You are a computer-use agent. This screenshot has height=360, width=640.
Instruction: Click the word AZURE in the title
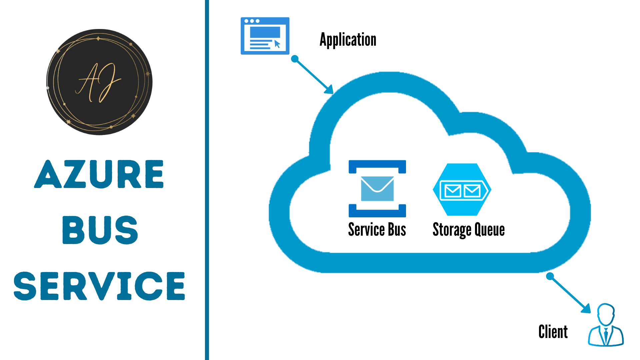pos(99,174)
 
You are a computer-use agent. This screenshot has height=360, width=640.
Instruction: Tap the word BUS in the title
pos(100,230)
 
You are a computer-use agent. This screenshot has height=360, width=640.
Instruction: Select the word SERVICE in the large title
pos(99,286)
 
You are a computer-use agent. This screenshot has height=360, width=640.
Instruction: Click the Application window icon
pos(265,36)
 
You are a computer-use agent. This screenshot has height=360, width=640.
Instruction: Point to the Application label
pos(348,40)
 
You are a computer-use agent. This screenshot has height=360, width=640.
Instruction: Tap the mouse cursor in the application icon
pos(277,44)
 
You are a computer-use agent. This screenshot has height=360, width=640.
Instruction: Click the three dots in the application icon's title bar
pos(252,21)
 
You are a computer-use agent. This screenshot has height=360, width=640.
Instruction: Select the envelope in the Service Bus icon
pos(377,188)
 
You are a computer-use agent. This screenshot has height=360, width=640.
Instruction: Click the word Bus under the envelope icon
pos(397,230)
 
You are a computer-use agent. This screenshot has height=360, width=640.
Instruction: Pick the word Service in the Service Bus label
pos(366,230)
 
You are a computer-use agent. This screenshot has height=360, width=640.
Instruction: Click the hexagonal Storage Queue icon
pos(462,189)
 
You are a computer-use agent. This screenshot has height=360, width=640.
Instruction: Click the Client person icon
pos(606,325)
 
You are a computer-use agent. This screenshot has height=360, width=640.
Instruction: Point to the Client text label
pos(553,332)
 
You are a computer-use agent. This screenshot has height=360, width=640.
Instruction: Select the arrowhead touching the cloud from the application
pos(329,90)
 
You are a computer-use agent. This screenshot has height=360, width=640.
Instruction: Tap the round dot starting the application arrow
pos(295,59)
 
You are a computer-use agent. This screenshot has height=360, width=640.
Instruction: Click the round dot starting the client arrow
pos(550,276)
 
